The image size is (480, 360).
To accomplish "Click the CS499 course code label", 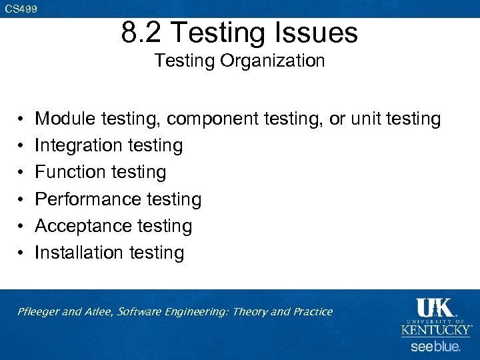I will (21, 9).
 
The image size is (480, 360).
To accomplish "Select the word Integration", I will (79, 146).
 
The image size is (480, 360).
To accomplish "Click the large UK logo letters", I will (435, 308).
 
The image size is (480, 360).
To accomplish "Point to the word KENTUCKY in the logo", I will (435, 330).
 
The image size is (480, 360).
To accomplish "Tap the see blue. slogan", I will (435, 347).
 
